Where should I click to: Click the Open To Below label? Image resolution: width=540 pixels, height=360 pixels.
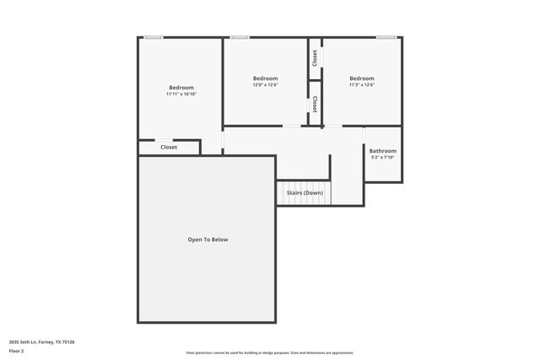pos(208,239)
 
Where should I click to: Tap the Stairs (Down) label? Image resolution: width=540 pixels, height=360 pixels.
pos(304,193)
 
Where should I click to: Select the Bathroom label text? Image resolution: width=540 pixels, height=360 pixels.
pos(382,151)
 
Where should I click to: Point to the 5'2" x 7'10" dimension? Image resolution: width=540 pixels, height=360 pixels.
pos(382,158)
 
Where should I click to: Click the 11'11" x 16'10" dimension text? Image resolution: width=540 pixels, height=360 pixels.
pos(181,94)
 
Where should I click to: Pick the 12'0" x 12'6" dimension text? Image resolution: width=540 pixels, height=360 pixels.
pos(265,85)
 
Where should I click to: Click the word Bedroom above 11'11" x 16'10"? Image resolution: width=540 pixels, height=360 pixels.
pos(181,88)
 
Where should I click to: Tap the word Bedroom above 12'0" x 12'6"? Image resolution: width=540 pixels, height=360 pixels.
pos(265,78)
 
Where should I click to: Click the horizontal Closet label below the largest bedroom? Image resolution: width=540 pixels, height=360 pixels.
pos(169,148)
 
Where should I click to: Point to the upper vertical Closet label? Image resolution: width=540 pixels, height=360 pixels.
pos(315,57)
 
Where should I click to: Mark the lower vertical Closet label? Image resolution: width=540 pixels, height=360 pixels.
pos(315,103)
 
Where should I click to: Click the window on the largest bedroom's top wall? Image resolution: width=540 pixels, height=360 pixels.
pos(153,37)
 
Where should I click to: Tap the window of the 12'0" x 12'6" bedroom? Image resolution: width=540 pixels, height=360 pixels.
pos(240,37)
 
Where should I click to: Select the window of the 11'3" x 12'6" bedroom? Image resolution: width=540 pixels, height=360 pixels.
pos(386,37)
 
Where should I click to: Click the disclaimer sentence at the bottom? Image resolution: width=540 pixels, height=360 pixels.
pos(269,352)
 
